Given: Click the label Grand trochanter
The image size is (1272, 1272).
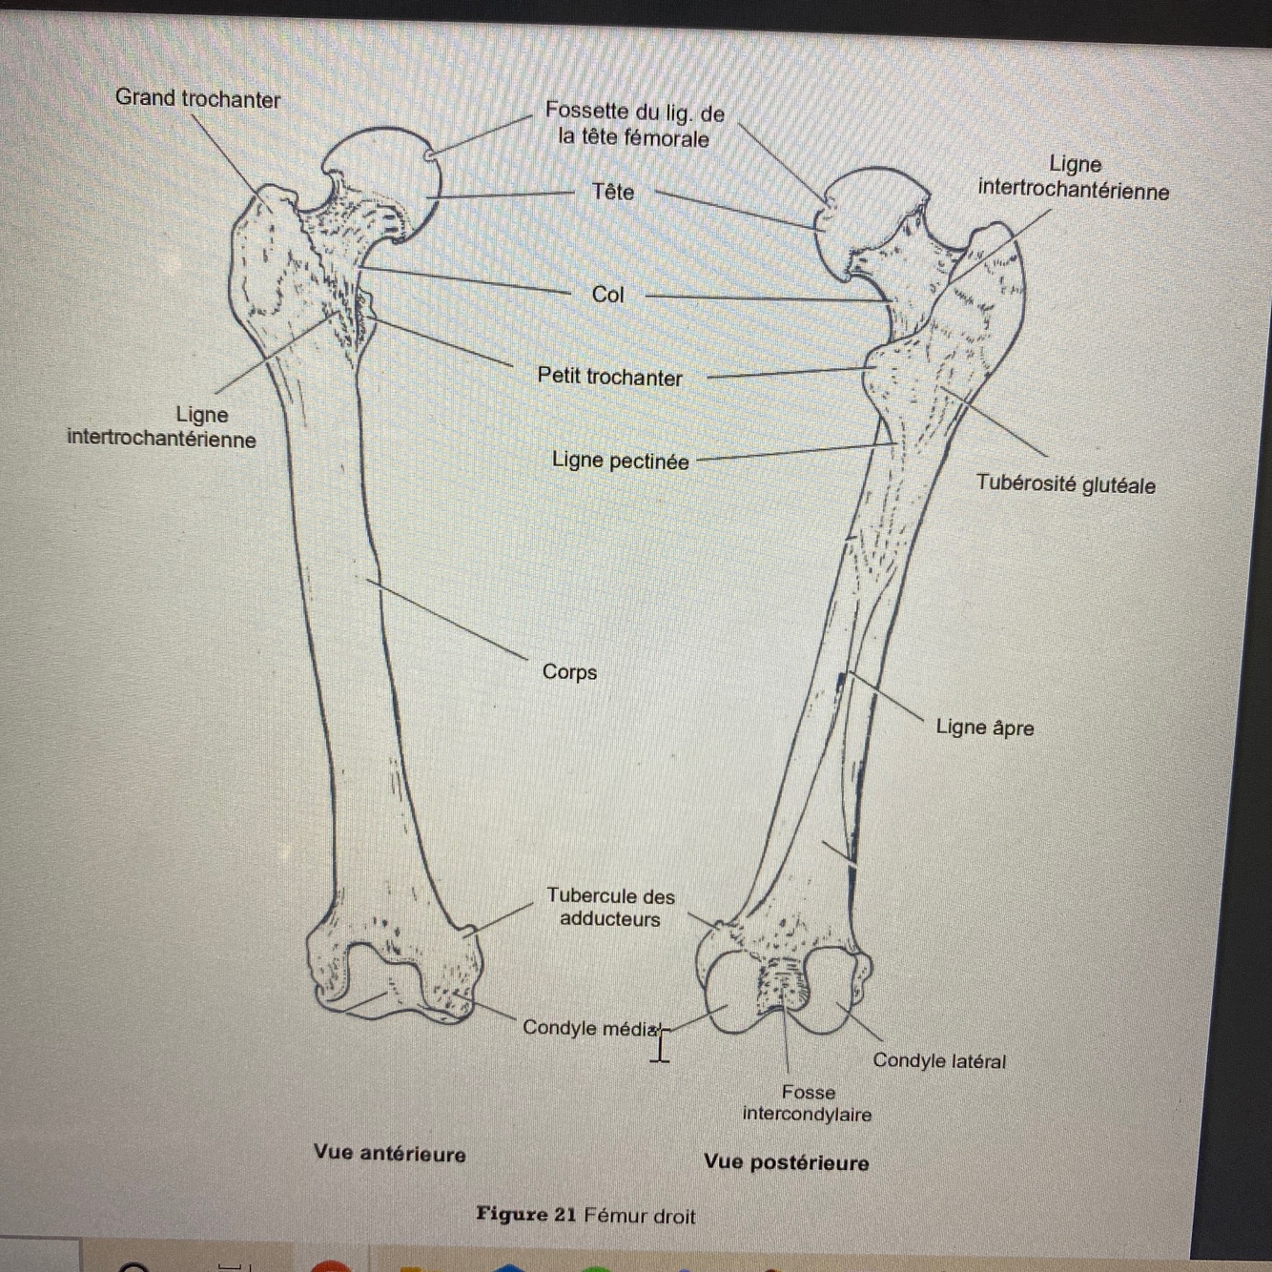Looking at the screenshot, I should (197, 98).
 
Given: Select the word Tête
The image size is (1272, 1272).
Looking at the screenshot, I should (612, 192).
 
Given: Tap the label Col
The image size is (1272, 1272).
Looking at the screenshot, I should (607, 295).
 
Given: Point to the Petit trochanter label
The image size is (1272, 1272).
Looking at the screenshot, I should (609, 377).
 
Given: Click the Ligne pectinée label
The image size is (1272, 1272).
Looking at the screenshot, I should (620, 462).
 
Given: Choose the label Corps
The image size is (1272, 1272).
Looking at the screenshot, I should (569, 672).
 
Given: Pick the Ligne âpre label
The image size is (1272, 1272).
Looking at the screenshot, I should (984, 728).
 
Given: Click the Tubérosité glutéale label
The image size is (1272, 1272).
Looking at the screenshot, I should (1065, 484).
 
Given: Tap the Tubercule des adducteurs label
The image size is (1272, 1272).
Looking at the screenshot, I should (610, 908).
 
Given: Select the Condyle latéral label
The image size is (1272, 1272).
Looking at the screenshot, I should (938, 1061).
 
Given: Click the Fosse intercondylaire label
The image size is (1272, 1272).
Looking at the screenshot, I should (807, 1103).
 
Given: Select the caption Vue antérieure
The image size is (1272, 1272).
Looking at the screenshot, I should (389, 1154).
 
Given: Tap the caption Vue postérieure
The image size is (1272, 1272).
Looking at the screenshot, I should (786, 1163).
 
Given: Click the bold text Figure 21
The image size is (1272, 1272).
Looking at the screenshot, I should (525, 1215).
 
